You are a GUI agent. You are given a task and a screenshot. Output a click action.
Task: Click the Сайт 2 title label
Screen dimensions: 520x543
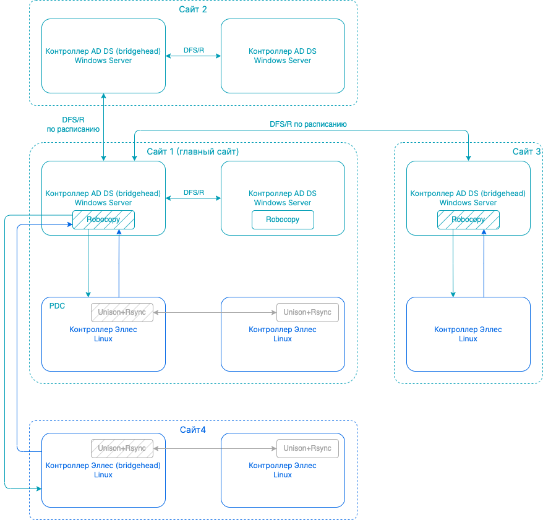point(192,9)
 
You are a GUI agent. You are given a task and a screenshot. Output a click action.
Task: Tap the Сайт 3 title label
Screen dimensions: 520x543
point(527,151)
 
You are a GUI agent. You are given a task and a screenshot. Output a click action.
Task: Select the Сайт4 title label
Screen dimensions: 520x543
point(193,430)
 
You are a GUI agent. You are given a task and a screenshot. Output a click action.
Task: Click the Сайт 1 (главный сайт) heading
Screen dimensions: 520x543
point(192,151)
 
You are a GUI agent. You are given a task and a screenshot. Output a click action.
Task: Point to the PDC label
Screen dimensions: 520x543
point(57,305)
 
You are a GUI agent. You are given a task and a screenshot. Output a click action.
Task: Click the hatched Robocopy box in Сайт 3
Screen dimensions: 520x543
point(468,220)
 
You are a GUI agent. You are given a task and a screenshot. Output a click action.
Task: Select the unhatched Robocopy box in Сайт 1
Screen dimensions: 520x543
point(283,220)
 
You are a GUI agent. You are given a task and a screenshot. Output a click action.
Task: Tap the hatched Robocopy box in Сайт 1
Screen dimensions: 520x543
point(103,220)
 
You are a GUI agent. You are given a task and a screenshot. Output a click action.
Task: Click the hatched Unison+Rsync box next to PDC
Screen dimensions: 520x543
point(122,312)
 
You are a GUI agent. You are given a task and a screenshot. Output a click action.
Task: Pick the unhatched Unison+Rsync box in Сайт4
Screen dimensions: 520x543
point(307,448)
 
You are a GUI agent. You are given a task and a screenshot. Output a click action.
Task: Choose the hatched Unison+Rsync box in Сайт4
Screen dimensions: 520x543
point(122,448)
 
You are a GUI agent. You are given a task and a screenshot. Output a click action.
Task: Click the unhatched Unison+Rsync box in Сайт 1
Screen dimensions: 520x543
point(307,312)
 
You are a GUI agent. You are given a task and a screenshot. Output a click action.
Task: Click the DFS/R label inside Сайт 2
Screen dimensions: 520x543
point(194,50)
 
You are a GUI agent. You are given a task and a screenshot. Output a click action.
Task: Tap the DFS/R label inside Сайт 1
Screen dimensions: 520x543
point(194,192)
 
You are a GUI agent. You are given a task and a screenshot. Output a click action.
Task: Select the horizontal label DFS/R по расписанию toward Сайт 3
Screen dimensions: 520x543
point(308,124)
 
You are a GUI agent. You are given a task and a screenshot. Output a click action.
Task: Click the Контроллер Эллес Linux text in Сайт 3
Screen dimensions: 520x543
point(468,334)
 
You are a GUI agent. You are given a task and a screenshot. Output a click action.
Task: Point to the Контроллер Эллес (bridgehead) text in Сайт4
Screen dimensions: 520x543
point(103,466)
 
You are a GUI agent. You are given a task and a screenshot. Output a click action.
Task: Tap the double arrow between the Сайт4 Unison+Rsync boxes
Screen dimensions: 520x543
point(215,448)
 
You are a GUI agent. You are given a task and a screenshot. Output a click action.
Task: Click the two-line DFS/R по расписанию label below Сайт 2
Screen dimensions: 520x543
point(73,124)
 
